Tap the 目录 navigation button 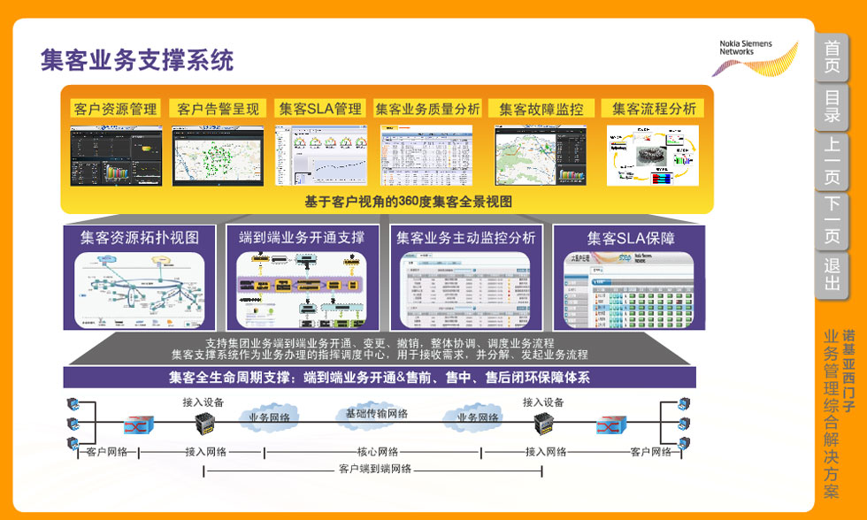[832, 106]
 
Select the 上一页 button [832, 161]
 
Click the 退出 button [832, 275]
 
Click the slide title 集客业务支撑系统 [137, 60]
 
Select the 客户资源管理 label [116, 109]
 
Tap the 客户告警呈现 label [218, 109]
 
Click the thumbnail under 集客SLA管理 [320, 155]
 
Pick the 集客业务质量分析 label [428, 109]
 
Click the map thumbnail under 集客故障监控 [539, 155]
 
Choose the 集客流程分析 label [653, 109]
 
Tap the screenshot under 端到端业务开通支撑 [300, 287]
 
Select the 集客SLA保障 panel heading [631, 238]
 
